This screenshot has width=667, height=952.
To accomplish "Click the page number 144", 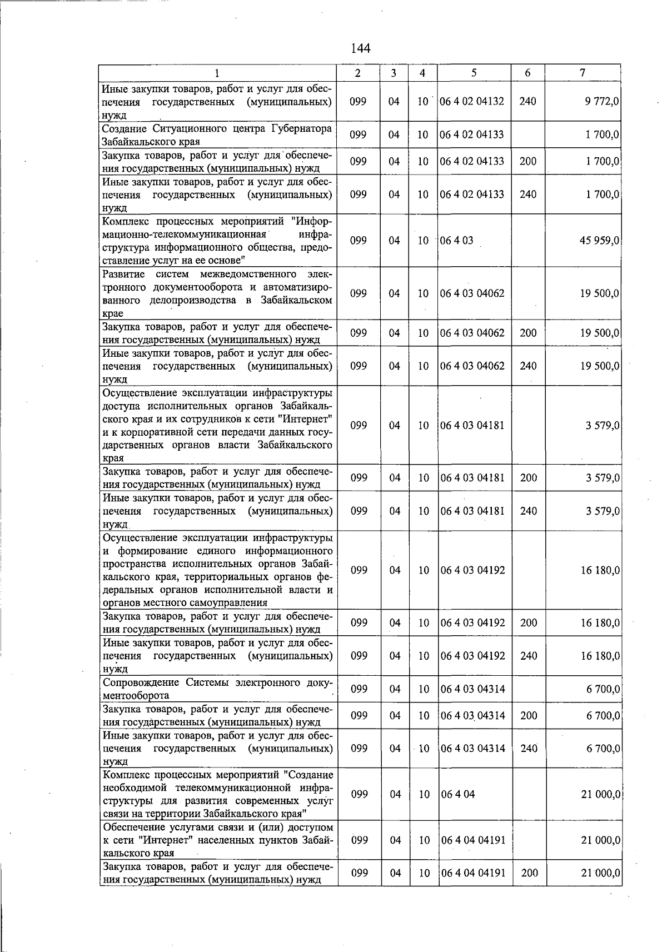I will coord(360,48).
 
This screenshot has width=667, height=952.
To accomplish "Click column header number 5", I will coord(474,73).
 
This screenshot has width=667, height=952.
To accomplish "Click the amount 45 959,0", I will coord(599,241).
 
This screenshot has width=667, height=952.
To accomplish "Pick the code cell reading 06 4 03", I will coord(456,241).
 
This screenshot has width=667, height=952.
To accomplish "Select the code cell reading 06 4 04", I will coord(457,794).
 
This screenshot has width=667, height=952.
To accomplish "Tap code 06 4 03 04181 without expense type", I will coord(472,426).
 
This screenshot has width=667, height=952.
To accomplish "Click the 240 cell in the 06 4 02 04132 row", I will coord(527,101).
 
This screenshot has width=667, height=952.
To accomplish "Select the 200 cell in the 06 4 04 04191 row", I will coord(530,873).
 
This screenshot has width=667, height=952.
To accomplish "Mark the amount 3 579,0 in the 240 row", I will coord(603,511).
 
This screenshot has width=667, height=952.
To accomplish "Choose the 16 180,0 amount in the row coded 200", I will coord(600,623).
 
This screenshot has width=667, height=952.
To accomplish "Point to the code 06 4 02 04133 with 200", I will coord(472,162).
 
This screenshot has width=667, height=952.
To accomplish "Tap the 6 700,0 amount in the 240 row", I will coord(603,749).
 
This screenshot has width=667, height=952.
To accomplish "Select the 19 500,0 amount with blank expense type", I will coord(600,293).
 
